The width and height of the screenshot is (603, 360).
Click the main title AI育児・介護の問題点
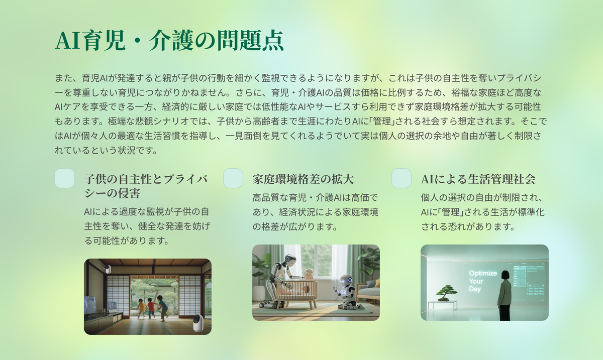169,40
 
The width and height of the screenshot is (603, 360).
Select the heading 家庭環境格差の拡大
303,179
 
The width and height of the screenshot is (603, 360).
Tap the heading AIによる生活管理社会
478,179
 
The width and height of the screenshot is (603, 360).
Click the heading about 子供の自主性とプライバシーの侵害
146,186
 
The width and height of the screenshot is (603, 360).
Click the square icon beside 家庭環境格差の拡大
233,178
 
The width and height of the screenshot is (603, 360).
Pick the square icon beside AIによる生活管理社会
401,178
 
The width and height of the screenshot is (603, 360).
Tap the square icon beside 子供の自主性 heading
65,178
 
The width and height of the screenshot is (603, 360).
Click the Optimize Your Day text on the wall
483,281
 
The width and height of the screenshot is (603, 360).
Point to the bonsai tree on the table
446,293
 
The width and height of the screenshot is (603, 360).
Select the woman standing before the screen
505,295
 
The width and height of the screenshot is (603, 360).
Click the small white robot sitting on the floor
345,292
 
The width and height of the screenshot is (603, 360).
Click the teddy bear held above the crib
309,274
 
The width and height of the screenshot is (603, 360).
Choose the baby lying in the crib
299,291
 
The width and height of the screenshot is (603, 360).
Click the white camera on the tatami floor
198,323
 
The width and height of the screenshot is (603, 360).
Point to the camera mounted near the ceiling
108,268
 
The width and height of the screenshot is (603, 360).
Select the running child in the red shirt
152,308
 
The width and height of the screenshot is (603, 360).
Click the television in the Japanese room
90,305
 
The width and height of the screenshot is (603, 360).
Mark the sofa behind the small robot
368,291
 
